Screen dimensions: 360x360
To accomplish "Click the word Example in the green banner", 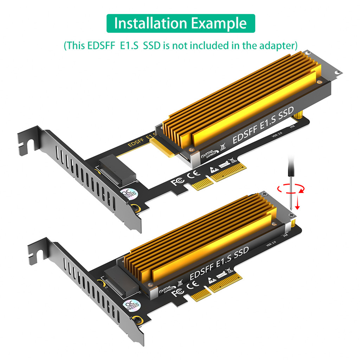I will pos(219,23).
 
